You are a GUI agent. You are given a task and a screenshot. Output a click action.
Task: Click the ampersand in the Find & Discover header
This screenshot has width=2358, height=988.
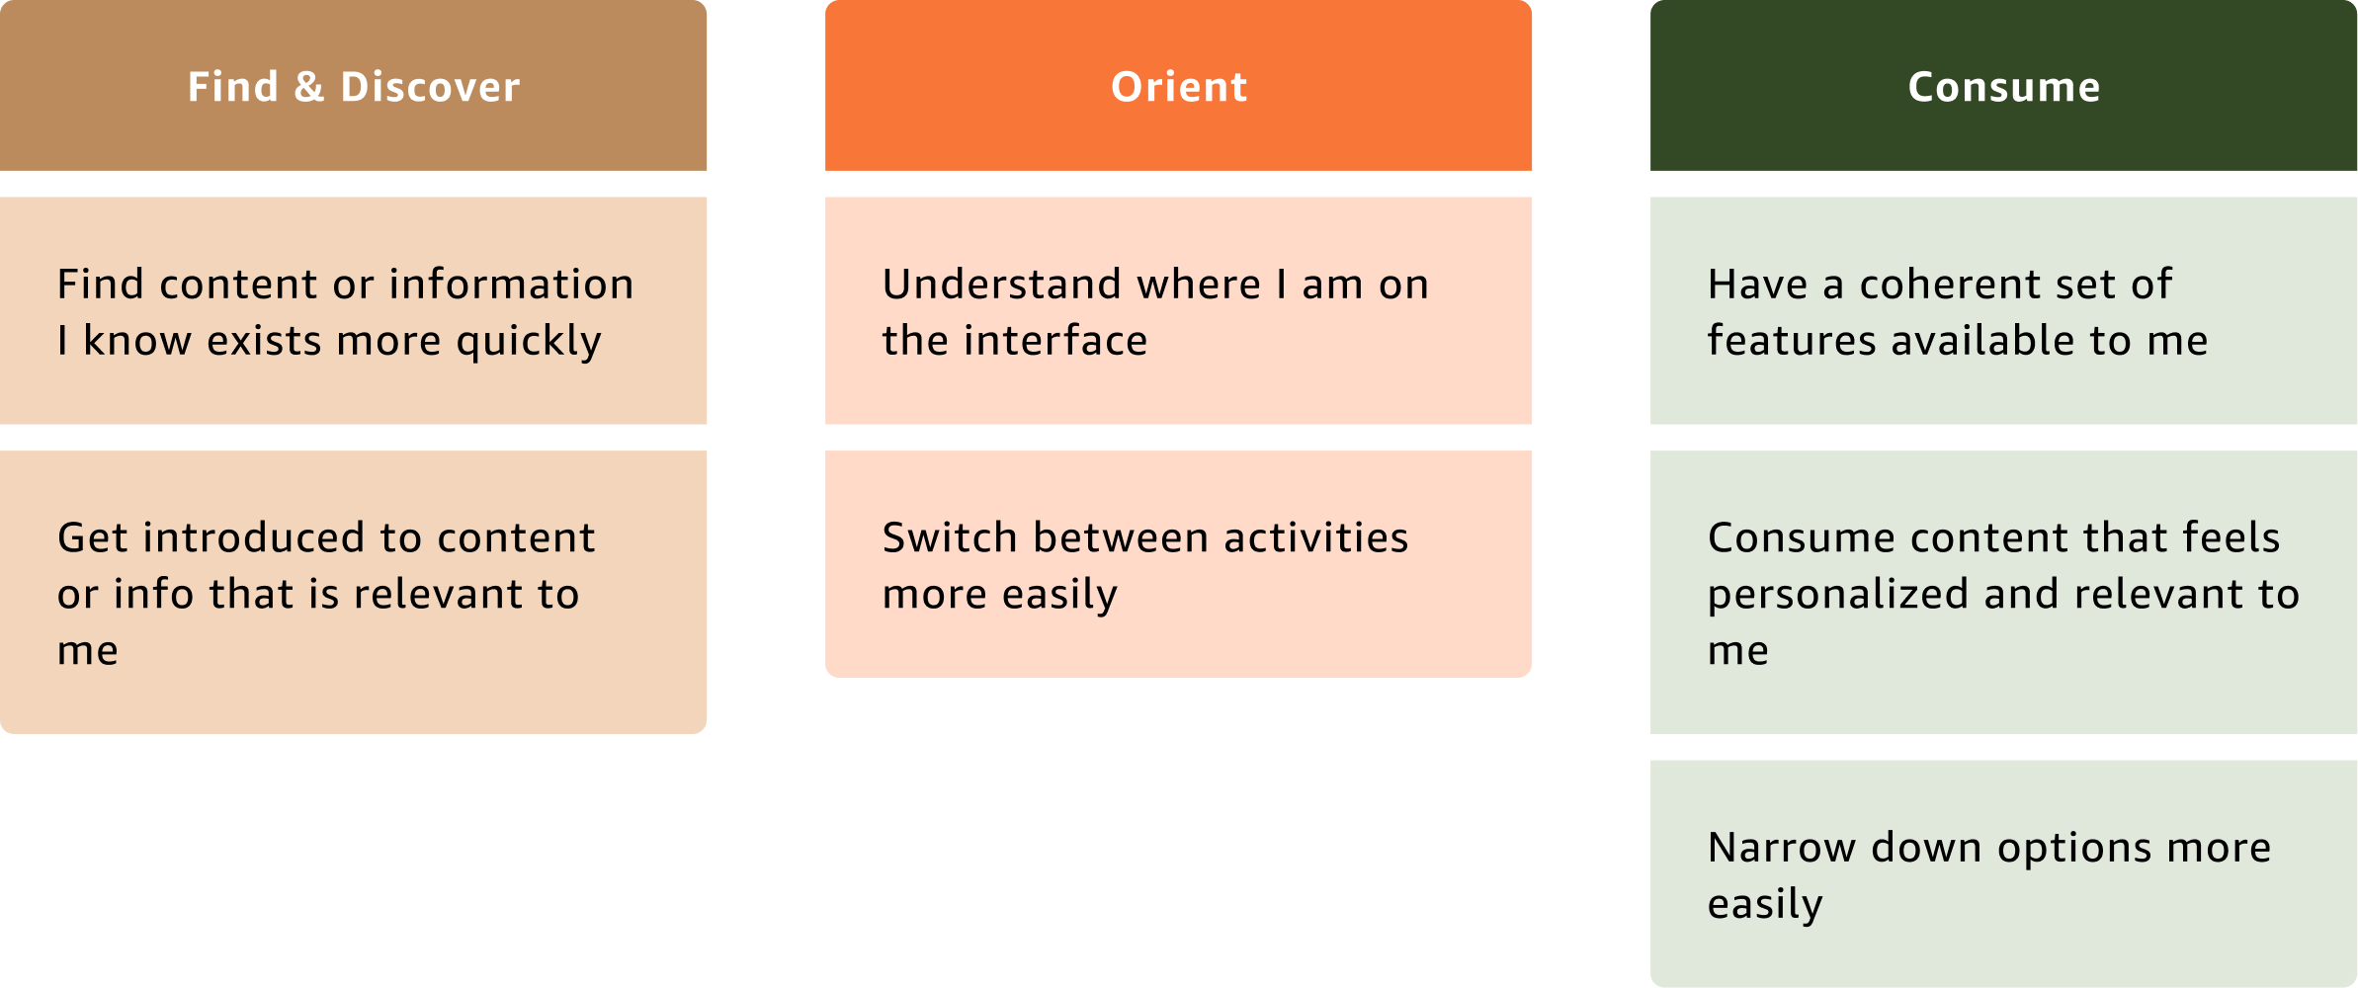pos(309,87)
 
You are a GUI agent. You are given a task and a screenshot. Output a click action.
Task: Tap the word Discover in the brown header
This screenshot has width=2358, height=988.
pos(430,87)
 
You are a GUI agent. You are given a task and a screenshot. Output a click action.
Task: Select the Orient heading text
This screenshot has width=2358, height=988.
pos(1179,87)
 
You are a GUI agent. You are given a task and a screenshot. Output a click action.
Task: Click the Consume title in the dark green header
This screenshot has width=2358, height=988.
pos(2004,87)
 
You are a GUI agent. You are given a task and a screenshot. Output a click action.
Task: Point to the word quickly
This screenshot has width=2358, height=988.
pos(529,342)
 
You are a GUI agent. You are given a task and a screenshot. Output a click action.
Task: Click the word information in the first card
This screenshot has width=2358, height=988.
pos(512,285)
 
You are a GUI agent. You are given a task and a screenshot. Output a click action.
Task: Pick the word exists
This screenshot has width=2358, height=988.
pos(264,341)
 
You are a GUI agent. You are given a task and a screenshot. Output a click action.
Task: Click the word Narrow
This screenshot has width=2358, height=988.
pos(1782,849)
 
